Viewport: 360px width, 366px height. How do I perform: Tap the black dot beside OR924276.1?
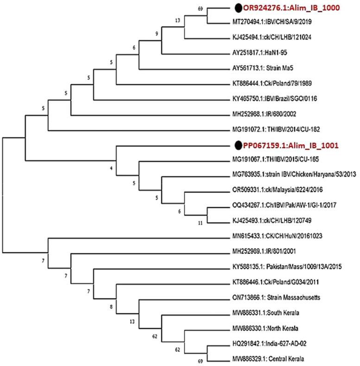238,7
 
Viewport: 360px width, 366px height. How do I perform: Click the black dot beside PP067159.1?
238,145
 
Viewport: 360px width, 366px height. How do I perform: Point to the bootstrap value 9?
157,33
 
